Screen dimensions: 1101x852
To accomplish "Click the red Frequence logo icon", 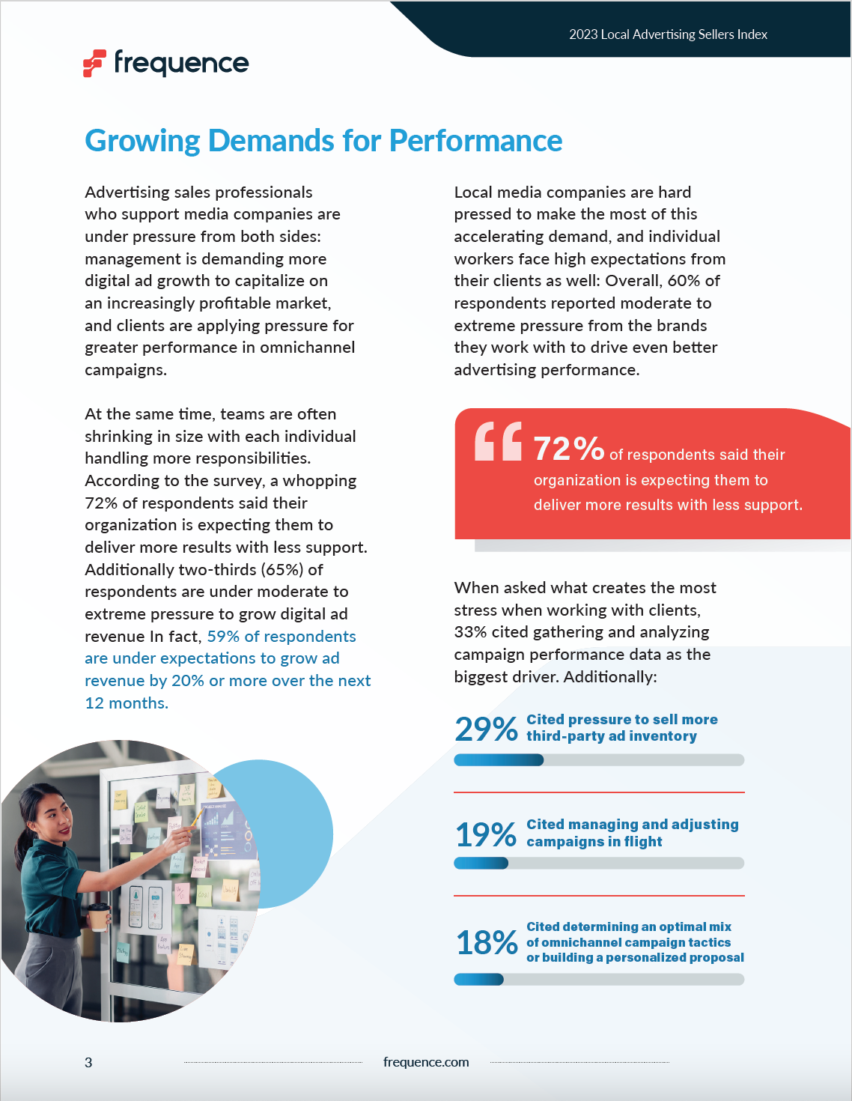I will click(94, 64).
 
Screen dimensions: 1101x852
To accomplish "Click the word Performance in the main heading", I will click(475, 141).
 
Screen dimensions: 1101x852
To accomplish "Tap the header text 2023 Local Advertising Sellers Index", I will click(668, 34).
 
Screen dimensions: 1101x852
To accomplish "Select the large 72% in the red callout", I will click(568, 449).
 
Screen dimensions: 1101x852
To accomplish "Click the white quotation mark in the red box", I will click(498, 441).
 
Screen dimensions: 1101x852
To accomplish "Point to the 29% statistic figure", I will click(486, 729).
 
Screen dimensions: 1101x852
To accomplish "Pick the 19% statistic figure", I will click(486, 834).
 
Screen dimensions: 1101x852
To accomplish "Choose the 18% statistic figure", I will click(487, 942).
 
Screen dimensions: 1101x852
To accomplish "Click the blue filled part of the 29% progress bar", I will click(499, 760).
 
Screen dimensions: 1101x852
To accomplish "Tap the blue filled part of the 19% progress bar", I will click(481, 864).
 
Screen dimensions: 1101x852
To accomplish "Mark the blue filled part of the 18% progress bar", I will click(478, 980).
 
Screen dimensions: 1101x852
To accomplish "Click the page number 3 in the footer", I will click(88, 1062).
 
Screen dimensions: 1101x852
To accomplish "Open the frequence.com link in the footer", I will click(426, 1062).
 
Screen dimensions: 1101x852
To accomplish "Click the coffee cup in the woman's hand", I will click(99, 916).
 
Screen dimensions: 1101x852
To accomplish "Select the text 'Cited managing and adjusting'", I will click(632, 825).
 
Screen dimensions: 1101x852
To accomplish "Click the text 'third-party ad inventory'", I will click(611, 736).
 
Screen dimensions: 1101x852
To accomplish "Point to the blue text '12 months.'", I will click(127, 703).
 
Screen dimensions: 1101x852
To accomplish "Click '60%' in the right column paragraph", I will click(684, 281).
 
